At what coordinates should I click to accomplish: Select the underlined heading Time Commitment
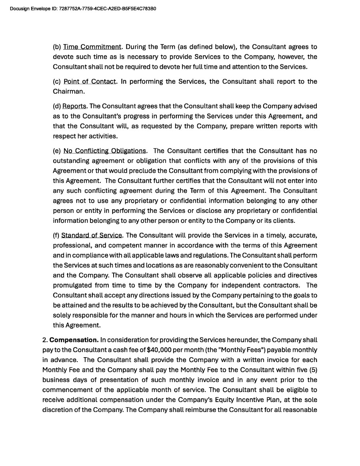coord(92,47)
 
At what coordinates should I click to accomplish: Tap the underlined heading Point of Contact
coord(90,82)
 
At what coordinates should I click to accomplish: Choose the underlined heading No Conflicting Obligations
coord(105,151)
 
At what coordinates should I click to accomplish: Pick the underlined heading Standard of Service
coord(92,235)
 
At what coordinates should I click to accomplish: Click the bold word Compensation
coord(74,340)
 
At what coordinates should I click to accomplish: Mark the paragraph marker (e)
coord(57,151)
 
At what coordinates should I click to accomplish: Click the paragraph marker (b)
coord(57,47)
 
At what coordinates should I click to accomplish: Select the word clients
coord(283,221)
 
